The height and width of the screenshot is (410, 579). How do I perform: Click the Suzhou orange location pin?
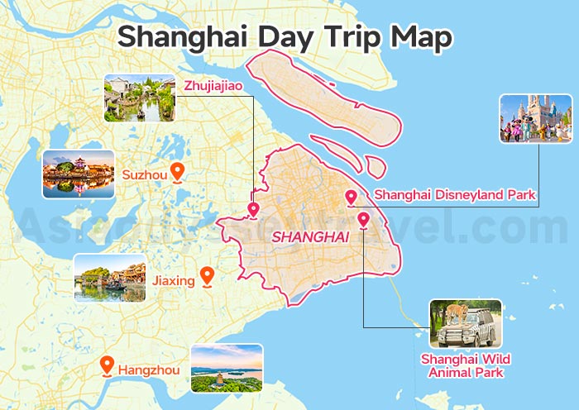pyautogui.click(x=176, y=171)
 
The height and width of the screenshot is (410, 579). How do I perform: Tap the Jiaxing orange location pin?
pyautogui.click(x=207, y=276)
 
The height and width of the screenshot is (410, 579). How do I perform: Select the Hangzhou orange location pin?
pyautogui.click(x=106, y=365)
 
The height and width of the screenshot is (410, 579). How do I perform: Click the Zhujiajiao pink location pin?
pyautogui.click(x=253, y=209)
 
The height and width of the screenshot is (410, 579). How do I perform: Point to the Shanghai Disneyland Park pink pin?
pyautogui.click(x=351, y=197)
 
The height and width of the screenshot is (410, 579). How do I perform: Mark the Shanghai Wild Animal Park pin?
pyautogui.click(x=363, y=219)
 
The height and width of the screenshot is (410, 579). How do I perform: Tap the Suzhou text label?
pyautogui.click(x=144, y=174)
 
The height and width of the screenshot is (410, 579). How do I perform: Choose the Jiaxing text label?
pyautogui.click(x=173, y=280)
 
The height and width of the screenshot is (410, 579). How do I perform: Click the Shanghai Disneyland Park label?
pyautogui.click(x=455, y=195)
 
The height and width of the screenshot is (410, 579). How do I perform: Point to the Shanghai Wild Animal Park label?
pyautogui.click(x=462, y=365)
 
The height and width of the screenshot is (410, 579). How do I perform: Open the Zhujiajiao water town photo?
pyautogui.click(x=140, y=98)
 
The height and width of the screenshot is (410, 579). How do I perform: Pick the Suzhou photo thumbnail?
pyautogui.click(x=79, y=174)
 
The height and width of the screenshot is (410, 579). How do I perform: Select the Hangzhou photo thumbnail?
pyautogui.click(x=226, y=368)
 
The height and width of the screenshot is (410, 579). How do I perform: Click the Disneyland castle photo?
pyautogui.click(x=535, y=118)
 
